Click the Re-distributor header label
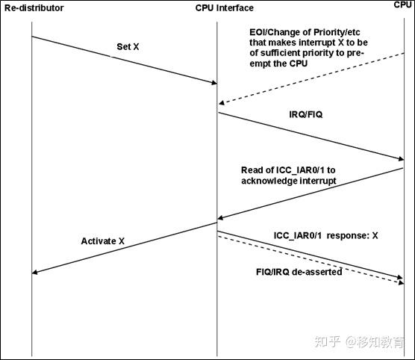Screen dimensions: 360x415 pyautogui.click(x=34, y=7)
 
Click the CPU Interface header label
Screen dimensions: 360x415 pyautogui.click(x=219, y=8)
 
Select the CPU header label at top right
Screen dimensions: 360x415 pyautogui.click(x=403, y=5)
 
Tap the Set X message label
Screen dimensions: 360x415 pyautogui.click(x=128, y=46)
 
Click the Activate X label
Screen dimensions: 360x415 pyautogui.click(x=103, y=240)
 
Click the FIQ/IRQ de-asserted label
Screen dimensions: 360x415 pyautogui.click(x=299, y=272)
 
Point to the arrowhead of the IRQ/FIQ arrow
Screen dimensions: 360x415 pyautogui.click(x=399, y=158)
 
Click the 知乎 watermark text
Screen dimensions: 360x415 pyautogui.click(x=325, y=341)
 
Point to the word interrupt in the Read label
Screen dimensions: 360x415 pyautogui.click(x=316, y=181)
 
